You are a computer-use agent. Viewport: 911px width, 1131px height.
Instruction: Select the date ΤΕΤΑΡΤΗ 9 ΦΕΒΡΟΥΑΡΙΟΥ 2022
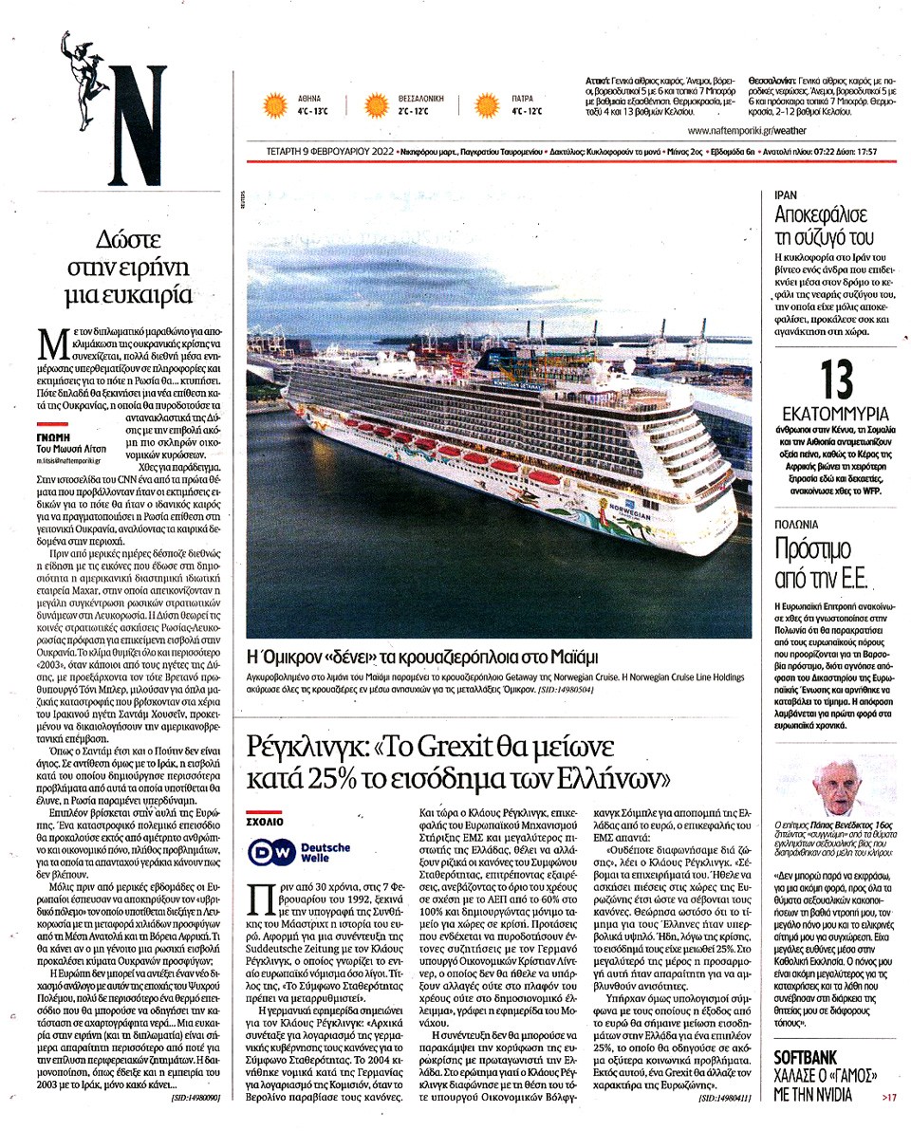click(318, 151)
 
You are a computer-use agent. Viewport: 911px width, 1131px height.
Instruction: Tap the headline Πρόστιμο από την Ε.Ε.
click(813, 562)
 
